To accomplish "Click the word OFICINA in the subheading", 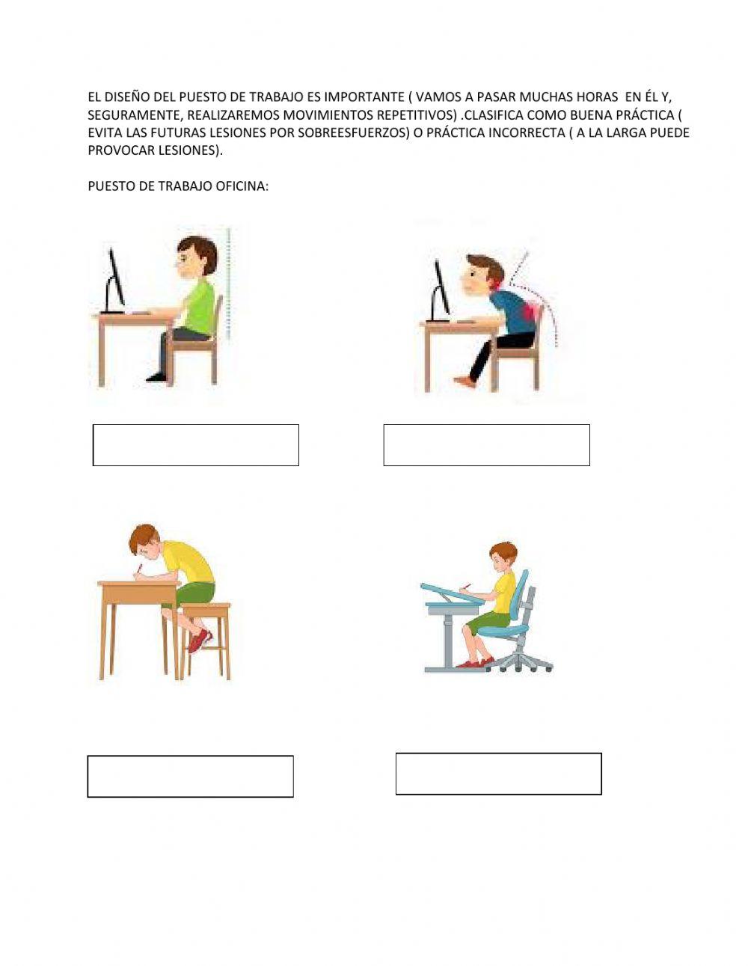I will (242, 186).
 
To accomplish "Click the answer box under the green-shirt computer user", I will (196, 445).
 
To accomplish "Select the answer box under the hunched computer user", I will (486, 445).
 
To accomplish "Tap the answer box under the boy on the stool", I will (190, 776).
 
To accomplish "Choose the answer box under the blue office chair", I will (498, 773).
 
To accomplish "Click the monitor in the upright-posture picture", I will (114, 281).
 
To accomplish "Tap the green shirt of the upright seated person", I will (199, 307).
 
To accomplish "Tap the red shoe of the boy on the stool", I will (200, 641).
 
